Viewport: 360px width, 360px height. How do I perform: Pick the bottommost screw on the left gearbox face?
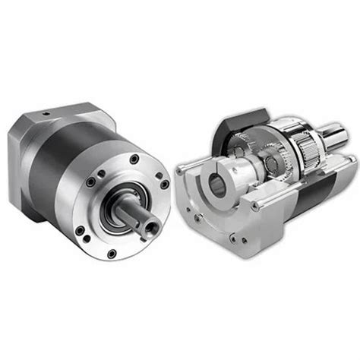[112, 253]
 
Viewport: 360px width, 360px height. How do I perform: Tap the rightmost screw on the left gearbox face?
[166, 185]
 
